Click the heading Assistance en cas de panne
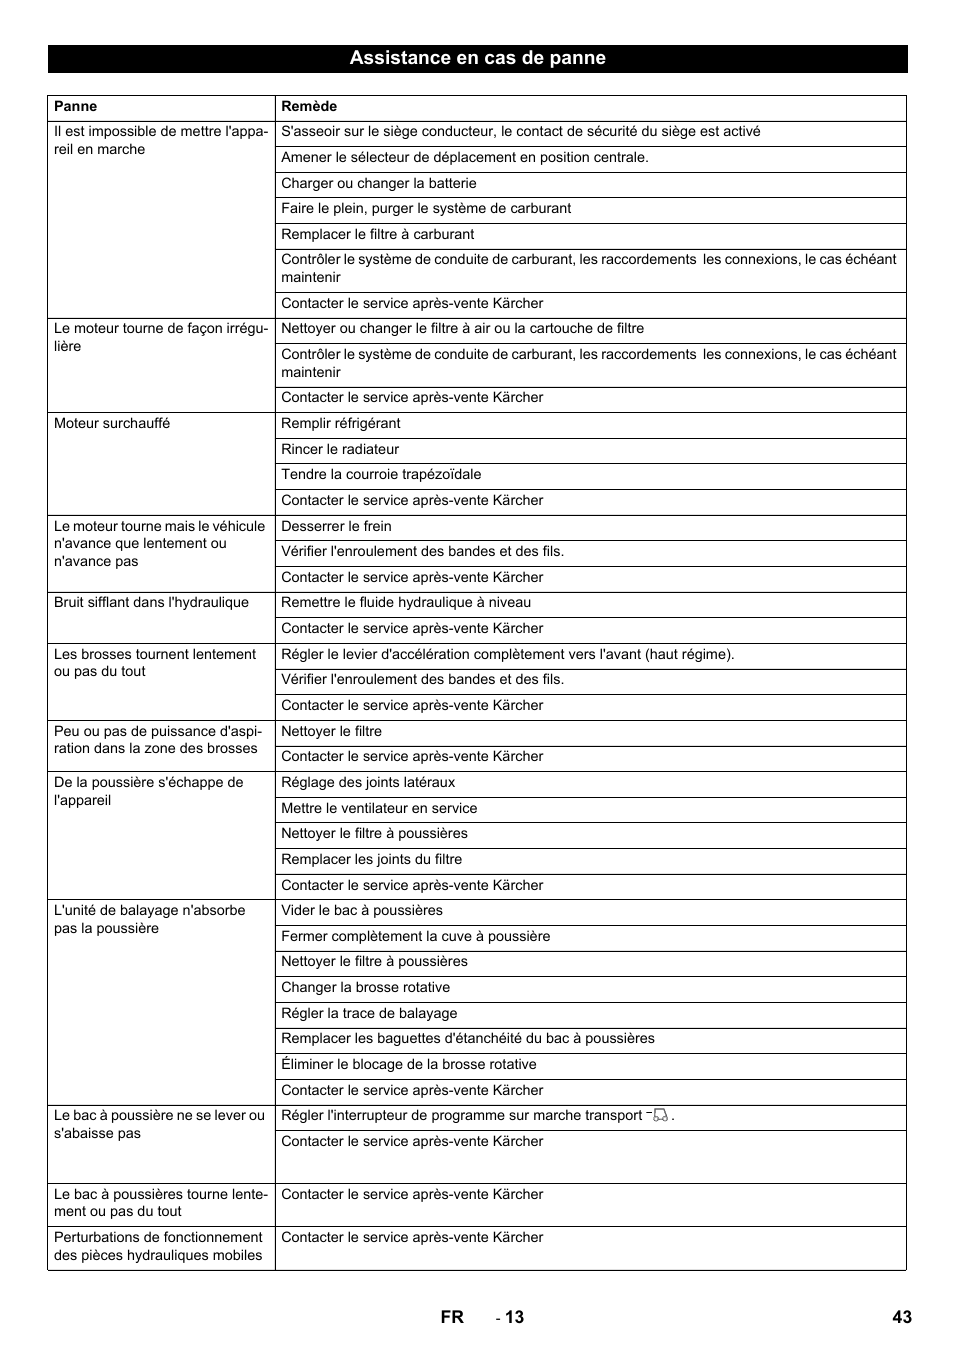click(x=477, y=58)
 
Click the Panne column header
click(x=76, y=106)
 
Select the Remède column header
click(x=309, y=106)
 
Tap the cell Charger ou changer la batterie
click(x=379, y=183)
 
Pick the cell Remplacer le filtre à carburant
click(x=378, y=234)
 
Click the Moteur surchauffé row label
click(x=112, y=423)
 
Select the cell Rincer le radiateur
click(x=340, y=449)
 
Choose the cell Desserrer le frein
click(x=336, y=526)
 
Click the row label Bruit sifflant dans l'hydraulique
click(x=151, y=602)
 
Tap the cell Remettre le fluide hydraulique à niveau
click(x=406, y=602)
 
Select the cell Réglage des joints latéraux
click(x=368, y=782)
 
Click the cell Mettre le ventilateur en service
click(x=379, y=808)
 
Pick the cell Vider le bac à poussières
click(x=362, y=910)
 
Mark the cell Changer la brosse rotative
click(x=365, y=987)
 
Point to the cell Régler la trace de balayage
click(x=369, y=1013)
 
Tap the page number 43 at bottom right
click(x=902, y=1317)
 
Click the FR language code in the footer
click(x=452, y=1317)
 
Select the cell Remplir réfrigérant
click(x=341, y=423)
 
